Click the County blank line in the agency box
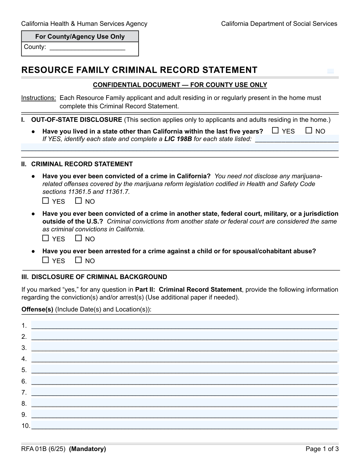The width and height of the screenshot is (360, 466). (87, 47)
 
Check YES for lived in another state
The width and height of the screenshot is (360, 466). (275, 131)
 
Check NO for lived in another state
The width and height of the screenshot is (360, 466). (309, 131)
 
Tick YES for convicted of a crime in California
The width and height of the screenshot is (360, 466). (46, 201)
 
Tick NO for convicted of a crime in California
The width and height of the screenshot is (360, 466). (78, 201)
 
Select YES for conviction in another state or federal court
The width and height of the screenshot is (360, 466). (46, 238)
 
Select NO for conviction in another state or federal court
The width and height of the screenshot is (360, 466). (78, 238)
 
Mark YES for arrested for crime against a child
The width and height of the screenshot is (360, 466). (46, 260)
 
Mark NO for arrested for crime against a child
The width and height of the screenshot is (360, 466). (78, 260)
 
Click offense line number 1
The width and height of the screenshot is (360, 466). (184, 325)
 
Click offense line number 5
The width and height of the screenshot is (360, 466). (184, 370)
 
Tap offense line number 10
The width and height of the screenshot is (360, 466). (184, 425)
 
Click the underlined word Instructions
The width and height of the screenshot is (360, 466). (38, 98)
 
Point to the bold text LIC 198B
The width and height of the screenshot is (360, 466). (178, 139)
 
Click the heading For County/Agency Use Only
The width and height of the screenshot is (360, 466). (80, 37)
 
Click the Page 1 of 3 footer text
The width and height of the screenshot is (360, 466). (322, 449)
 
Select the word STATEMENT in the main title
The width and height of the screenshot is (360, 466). (229, 70)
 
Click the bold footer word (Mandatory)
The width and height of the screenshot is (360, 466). (87, 449)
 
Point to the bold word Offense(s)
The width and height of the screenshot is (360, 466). (37, 309)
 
